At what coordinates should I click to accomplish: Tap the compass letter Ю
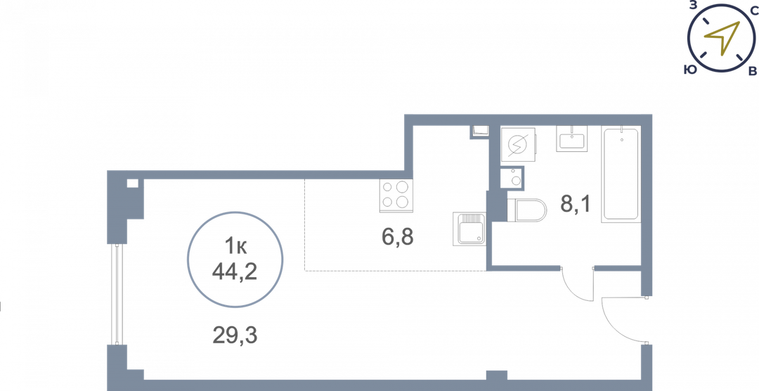tap(689, 70)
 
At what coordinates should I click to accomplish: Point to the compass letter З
tap(693, 6)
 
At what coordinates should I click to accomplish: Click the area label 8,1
tap(575, 205)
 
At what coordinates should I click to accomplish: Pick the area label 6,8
tap(398, 237)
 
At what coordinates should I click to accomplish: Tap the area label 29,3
tap(235, 335)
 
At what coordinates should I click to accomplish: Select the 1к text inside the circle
tap(235, 245)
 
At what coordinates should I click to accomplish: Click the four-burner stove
tap(396, 195)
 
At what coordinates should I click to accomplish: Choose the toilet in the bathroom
tap(526, 210)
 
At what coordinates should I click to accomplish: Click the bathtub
tap(621, 174)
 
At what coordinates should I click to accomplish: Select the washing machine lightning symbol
tap(518, 146)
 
